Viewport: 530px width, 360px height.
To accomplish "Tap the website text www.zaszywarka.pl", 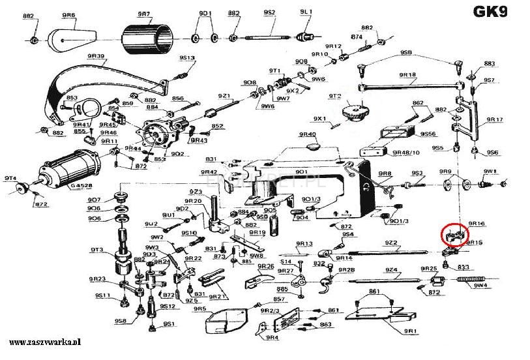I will tap(44, 342).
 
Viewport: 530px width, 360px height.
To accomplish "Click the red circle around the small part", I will tap(454, 233).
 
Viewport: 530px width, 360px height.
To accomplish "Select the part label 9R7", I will tap(144, 13).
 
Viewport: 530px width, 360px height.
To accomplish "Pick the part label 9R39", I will tap(96, 56).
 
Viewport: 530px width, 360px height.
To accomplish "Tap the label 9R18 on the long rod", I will tap(407, 75).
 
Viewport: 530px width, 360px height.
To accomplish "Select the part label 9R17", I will tap(495, 120).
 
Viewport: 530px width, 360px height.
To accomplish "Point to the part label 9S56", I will tap(428, 133).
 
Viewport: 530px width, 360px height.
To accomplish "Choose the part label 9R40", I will tap(307, 134).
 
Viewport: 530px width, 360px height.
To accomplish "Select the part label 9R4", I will tap(272, 338).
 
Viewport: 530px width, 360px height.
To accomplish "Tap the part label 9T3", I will tap(97, 250).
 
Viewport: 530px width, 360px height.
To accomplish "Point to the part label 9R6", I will tap(68, 14).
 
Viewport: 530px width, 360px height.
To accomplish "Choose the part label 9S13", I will tap(187, 58).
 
